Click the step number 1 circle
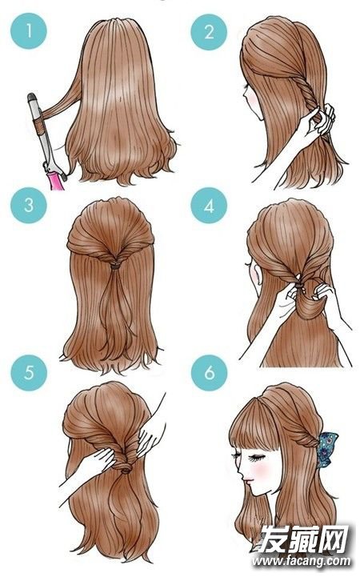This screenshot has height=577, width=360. coord(29,31)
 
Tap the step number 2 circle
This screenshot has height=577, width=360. coord(209,32)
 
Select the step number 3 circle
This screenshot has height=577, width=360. coord(29,206)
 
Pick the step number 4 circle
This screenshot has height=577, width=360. coord(209,206)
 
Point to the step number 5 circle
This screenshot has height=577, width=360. coord(29,372)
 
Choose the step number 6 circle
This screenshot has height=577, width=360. coord(209,372)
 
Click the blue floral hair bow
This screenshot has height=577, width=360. coord(327,450)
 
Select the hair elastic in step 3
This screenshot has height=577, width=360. coord(115,265)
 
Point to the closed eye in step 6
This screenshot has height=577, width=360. coord(254,459)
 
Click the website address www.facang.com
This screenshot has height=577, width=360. coord(301,561)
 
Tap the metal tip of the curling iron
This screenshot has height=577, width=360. coord(32,98)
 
